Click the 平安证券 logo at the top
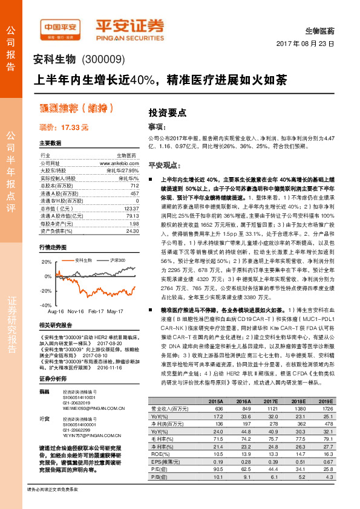(x=130, y=27)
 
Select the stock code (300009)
(x=102, y=59)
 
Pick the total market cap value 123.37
(x=131, y=208)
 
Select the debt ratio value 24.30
(x=132, y=230)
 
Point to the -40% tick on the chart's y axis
(x=45, y=306)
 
